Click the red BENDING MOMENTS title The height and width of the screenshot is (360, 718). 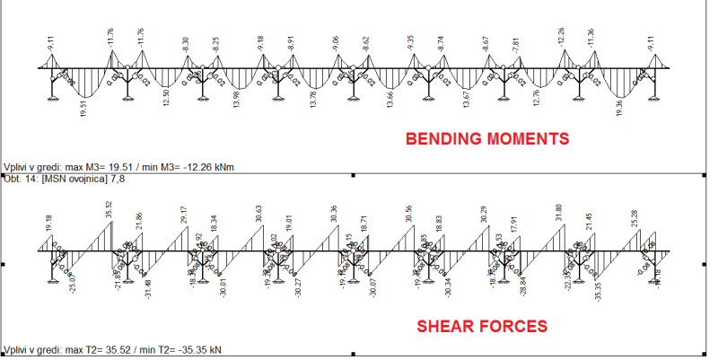coord(487,139)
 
